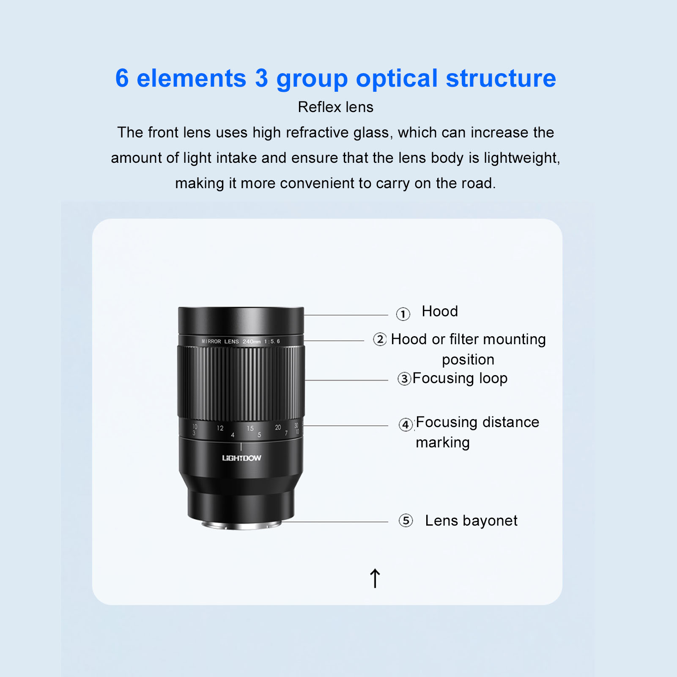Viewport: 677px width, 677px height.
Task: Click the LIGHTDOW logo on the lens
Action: tap(241, 458)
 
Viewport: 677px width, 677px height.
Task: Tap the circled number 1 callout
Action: tap(403, 314)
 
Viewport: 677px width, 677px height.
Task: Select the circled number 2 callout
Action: tap(380, 339)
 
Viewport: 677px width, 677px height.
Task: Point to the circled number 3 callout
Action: tap(404, 378)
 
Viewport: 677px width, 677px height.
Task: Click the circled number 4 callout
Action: tap(406, 424)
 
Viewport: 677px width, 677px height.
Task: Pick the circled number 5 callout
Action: tap(406, 521)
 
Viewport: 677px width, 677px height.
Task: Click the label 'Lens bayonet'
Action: tap(471, 521)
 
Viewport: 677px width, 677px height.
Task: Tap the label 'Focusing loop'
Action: tap(460, 378)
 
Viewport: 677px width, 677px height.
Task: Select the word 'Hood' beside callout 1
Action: tap(440, 311)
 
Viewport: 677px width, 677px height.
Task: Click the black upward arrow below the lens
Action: tap(375, 578)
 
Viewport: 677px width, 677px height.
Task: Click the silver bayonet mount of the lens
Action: tap(241, 525)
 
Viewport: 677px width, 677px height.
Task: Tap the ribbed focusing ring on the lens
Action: tap(241, 383)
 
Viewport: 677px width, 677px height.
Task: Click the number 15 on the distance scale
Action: tap(250, 428)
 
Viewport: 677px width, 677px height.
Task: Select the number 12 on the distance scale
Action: tap(220, 428)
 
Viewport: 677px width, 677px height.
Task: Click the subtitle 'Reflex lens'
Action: tap(336, 107)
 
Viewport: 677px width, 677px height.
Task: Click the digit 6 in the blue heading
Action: tap(122, 78)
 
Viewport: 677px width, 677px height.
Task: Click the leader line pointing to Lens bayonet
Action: tap(334, 522)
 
